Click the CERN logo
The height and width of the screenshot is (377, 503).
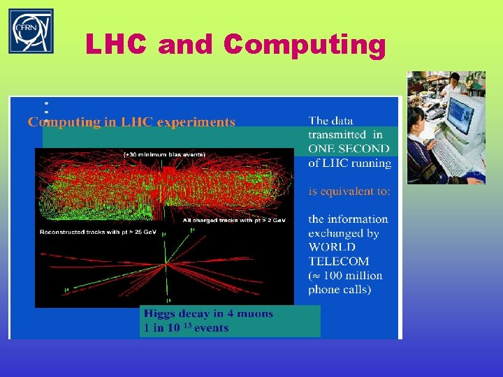pos(31,31)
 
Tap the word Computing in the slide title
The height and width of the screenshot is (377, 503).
pos(305,45)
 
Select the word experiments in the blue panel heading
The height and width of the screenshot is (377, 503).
pos(196,122)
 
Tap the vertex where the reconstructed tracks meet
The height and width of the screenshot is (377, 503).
pos(166,263)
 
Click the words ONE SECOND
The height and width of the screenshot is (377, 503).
pos(349,149)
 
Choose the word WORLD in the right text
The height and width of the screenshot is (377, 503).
pos(332,247)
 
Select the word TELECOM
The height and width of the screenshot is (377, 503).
pos(340,261)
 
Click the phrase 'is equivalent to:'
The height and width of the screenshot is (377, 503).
pos(349,191)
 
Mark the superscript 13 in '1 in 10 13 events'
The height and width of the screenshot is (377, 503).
pos(188,325)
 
